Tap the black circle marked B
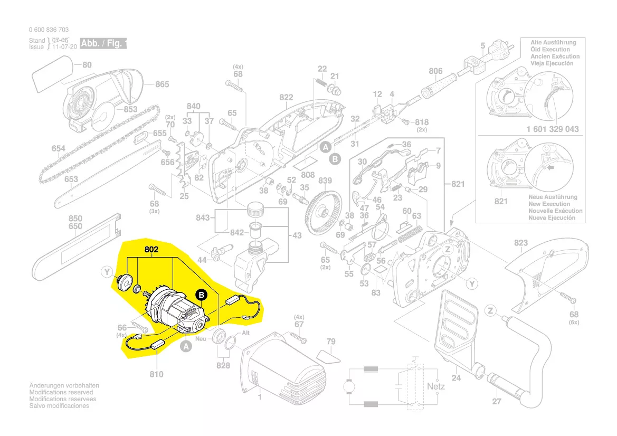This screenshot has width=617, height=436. (x=202, y=296)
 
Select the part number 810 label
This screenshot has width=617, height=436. (x=156, y=374)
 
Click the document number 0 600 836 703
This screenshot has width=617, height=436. (x=49, y=30)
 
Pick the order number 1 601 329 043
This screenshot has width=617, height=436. (x=553, y=129)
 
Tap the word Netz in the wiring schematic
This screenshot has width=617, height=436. (x=435, y=386)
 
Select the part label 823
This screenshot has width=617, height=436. (x=521, y=243)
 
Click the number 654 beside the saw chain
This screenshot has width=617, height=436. (x=59, y=149)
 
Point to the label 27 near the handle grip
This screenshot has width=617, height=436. (x=497, y=402)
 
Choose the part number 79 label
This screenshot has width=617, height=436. (x=330, y=342)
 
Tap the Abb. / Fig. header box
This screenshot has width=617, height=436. (x=103, y=43)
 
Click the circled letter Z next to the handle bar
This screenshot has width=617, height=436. (x=491, y=311)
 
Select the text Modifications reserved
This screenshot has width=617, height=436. (x=61, y=393)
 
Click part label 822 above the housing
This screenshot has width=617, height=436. (x=286, y=97)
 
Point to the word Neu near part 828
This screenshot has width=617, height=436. (x=201, y=339)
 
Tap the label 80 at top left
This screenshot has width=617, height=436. (x=87, y=65)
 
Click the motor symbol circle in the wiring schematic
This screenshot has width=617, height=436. (x=350, y=387)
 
